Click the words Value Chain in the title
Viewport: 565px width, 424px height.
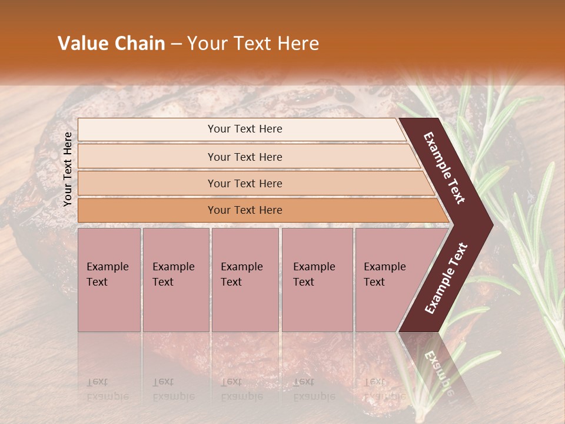click(x=111, y=44)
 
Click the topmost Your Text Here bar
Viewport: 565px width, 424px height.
click(x=244, y=129)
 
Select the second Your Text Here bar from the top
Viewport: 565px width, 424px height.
click(x=244, y=157)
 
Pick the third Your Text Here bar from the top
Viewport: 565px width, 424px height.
click(x=244, y=183)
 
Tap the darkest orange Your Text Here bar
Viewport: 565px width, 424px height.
click(x=244, y=210)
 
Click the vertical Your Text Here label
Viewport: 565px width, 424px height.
click(x=68, y=169)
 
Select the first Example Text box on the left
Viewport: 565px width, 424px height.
click(x=109, y=280)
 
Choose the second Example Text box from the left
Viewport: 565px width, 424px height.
click(x=175, y=280)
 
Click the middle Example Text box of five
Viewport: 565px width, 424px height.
click(x=245, y=280)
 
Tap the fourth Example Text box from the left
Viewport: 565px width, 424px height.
click(x=317, y=280)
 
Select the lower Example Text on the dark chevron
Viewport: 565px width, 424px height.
click(x=446, y=278)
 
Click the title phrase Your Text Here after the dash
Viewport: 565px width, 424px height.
click(x=253, y=44)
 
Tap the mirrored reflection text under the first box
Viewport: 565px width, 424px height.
click(x=107, y=389)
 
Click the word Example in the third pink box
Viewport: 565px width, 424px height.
click(x=241, y=267)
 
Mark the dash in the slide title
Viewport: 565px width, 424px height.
click(x=176, y=44)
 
